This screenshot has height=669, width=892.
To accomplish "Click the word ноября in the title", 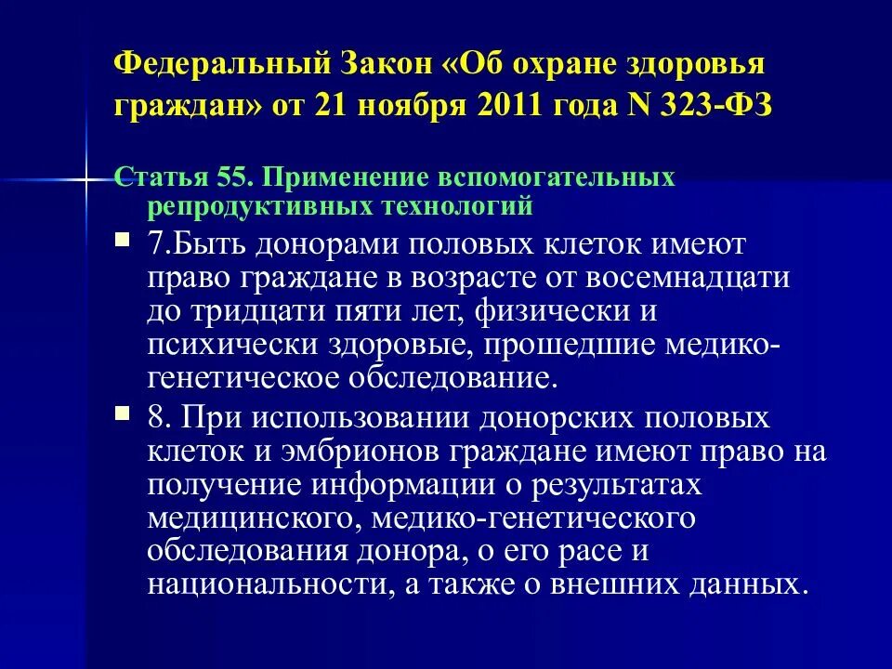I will (413, 105).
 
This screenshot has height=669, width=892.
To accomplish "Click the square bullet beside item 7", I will (123, 240).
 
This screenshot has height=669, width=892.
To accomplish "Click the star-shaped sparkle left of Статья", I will (86, 176).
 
